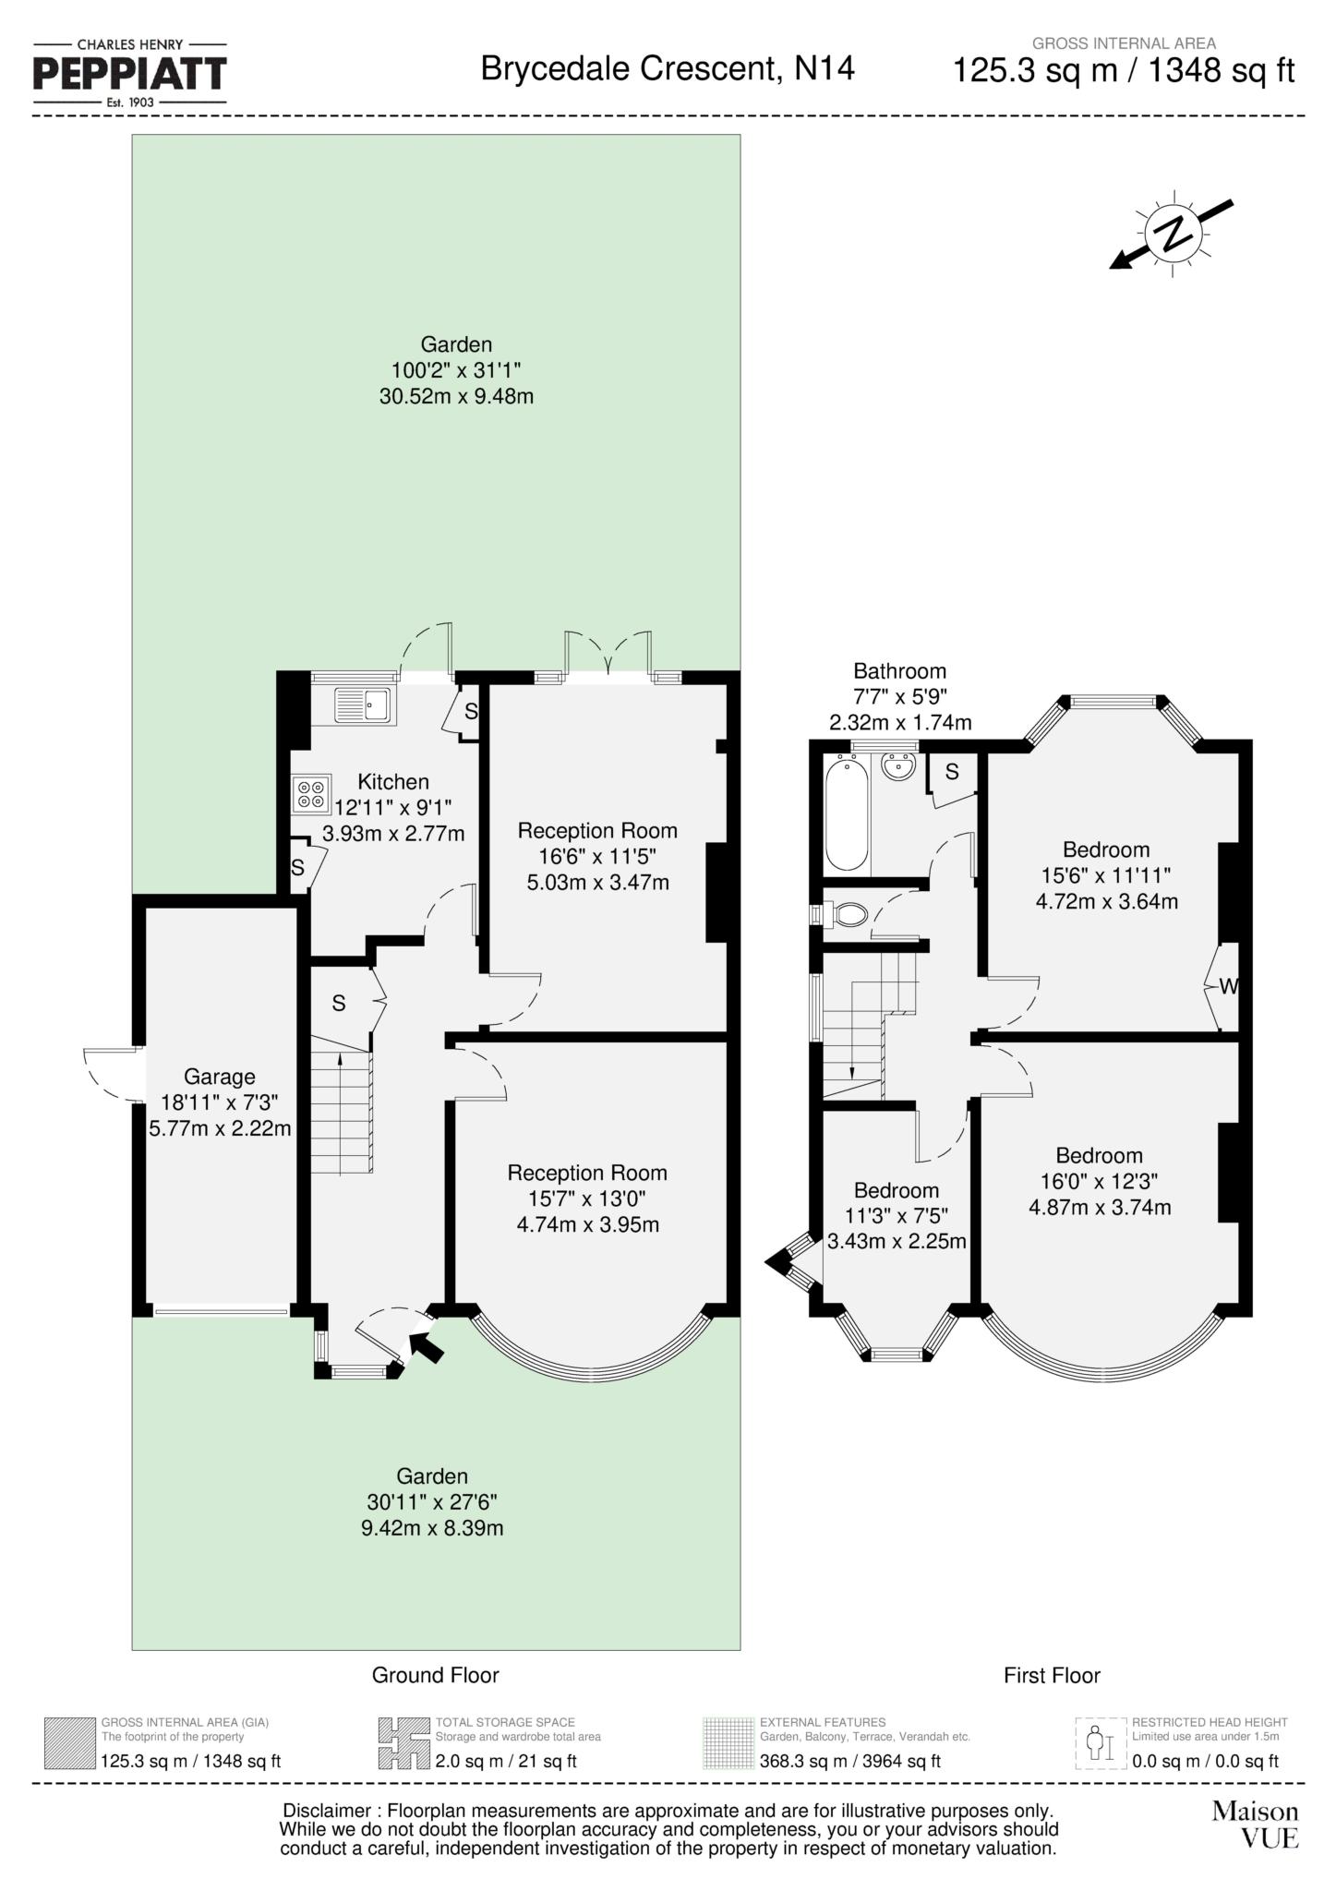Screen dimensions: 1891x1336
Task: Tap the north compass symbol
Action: (1173, 234)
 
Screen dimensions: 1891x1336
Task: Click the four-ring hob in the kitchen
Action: (311, 793)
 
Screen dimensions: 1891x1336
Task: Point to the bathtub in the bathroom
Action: (846, 812)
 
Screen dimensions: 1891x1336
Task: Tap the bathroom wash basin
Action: (897, 767)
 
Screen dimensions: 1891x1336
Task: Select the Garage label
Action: (219, 1077)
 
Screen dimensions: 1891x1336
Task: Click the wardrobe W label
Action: (1227, 987)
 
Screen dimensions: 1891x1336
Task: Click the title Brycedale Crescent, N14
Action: (668, 68)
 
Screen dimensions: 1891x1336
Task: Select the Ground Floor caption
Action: (435, 1675)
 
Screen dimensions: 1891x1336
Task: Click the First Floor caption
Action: (1052, 1675)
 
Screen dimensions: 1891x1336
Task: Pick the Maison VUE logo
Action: (1255, 1825)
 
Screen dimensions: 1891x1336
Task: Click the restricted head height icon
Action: (1101, 1743)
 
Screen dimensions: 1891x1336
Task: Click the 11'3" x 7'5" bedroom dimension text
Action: (896, 1216)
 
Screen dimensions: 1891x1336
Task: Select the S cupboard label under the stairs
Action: (339, 1003)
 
